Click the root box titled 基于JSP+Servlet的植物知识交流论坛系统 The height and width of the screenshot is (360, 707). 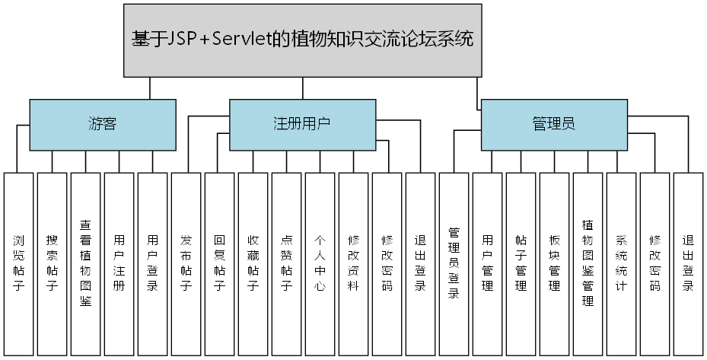pos(302,40)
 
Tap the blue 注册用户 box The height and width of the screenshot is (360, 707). pos(302,124)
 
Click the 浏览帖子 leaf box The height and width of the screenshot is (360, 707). pos(19,263)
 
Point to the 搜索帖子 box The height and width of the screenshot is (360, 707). pos(53,263)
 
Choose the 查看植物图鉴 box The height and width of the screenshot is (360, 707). pos(86,263)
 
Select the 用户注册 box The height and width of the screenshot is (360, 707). pos(119,263)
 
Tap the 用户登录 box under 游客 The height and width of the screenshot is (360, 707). pos(153,263)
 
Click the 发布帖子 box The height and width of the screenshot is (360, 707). pos(186,263)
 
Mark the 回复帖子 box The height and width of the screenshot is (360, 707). pos(220,263)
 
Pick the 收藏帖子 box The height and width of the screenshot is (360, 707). pos(253,263)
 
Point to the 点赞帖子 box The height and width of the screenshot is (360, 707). pos(287,263)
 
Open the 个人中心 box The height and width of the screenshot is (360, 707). pos(320,263)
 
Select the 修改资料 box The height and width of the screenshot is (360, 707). pos(354,263)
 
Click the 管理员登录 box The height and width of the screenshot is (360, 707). pos(454,263)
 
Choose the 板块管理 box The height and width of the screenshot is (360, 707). pos(555,263)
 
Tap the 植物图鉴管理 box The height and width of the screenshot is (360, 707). pos(588,263)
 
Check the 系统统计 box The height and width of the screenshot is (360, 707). pos(622,263)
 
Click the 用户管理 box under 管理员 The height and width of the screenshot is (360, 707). pos(488,263)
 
